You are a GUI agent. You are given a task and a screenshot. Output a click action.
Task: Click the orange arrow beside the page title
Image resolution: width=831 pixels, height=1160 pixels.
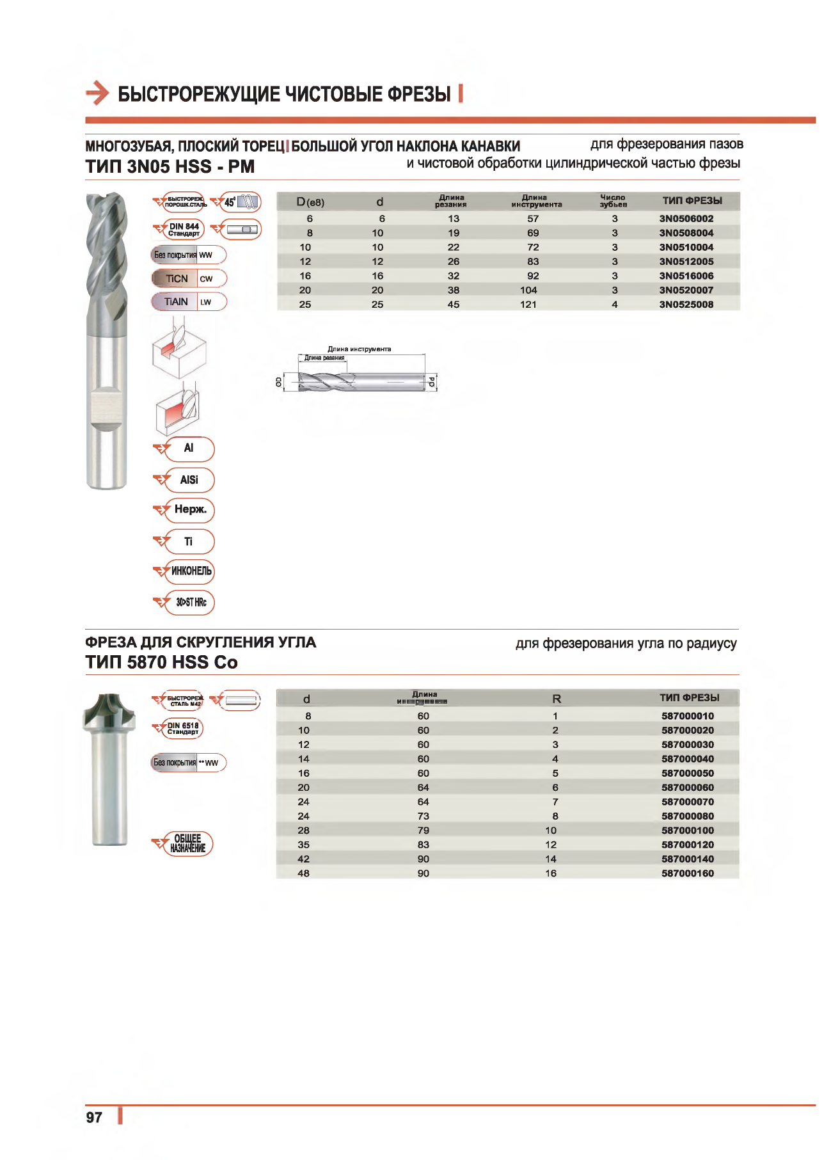tap(97, 93)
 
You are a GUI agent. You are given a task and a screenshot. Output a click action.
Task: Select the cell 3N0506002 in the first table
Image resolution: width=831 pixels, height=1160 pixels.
tap(686, 219)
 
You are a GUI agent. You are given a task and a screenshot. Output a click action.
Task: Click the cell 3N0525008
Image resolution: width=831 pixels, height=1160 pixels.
tap(686, 305)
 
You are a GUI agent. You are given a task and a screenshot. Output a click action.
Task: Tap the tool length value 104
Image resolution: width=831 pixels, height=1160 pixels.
tap(528, 290)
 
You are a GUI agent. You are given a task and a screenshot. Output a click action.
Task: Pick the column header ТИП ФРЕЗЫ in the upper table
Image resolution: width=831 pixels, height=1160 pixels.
tap(692, 201)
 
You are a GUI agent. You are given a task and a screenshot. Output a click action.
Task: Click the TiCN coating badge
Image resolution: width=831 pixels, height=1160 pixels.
tap(189, 279)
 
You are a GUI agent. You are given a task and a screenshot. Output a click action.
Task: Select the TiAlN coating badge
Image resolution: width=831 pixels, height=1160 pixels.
tap(189, 302)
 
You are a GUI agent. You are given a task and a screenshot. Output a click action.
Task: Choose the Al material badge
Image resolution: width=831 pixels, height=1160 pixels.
tap(189, 449)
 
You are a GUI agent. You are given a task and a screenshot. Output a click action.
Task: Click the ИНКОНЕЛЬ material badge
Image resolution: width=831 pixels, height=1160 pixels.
tap(190, 571)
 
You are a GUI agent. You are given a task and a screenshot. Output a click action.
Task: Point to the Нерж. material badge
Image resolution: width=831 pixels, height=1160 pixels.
tap(190, 510)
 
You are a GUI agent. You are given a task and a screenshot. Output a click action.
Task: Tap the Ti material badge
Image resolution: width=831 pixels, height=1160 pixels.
tap(189, 542)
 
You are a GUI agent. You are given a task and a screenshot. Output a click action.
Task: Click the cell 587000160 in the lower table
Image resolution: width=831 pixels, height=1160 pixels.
tap(687, 873)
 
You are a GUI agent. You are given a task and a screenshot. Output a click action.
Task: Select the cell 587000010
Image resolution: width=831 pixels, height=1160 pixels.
tap(687, 716)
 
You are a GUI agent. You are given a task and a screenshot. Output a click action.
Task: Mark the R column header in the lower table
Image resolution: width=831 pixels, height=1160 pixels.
tap(556, 699)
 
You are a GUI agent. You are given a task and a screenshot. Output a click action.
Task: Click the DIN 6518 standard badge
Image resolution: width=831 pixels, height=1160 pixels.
tap(182, 729)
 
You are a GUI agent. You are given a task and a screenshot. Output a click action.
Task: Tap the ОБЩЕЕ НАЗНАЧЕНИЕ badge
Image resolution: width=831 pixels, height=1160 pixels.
tap(187, 843)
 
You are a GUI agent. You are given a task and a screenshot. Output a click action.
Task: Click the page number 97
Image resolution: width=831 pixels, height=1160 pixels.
tap(94, 1117)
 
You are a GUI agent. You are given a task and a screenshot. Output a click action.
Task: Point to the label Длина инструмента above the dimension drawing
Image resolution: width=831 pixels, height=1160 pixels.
tap(359, 349)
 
